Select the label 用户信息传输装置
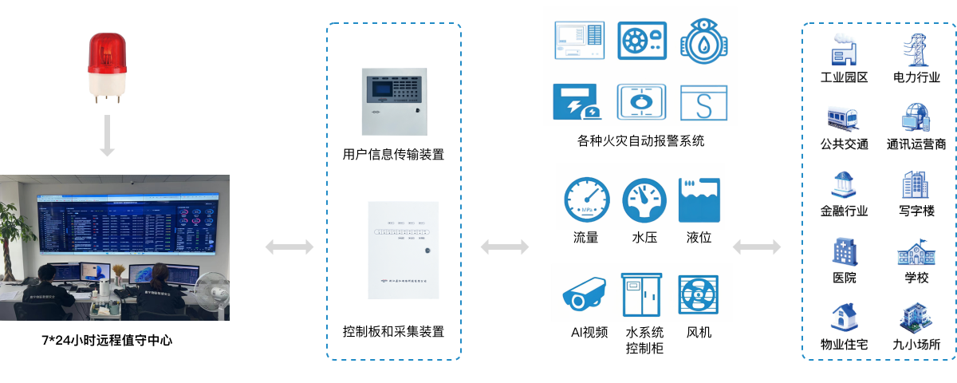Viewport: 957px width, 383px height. click(393, 155)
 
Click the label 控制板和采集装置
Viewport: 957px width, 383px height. click(393, 331)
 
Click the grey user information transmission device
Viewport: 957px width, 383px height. click(393, 101)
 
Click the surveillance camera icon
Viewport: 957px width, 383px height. click(586, 293)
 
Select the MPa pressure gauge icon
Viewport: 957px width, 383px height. click(586, 199)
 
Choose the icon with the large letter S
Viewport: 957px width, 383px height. click(704, 103)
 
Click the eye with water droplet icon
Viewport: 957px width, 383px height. click(704, 41)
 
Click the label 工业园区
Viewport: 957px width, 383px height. click(844, 78)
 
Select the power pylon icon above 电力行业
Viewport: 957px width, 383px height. click(916, 49)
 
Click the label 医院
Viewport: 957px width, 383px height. click(844, 278)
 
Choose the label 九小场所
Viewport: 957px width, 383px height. click(916, 345)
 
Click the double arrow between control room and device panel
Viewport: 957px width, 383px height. click(289, 247)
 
